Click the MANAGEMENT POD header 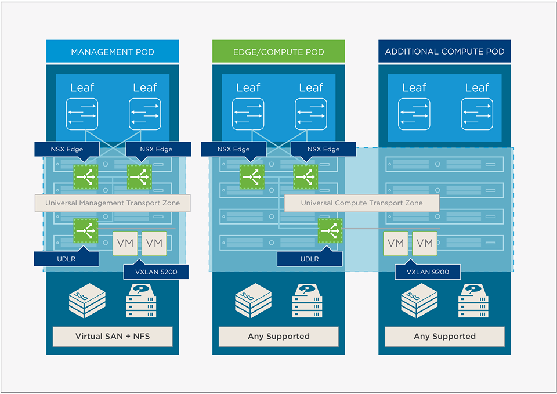pyautogui.click(x=113, y=52)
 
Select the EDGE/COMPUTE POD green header pyautogui.click(x=278, y=52)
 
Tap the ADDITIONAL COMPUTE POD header pyautogui.click(x=444, y=52)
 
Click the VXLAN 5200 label pyautogui.click(x=156, y=271)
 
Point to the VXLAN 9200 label pyautogui.click(x=428, y=271)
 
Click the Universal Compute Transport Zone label pyautogui.click(x=361, y=203)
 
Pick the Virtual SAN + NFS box pyautogui.click(x=113, y=337)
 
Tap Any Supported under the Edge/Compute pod pyautogui.click(x=278, y=337)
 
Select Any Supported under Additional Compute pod pyautogui.click(x=444, y=337)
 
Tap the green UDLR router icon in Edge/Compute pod pyautogui.click(x=330, y=230)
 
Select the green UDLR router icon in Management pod pyautogui.click(x=86, y=230)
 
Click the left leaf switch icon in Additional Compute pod pyautogui.click(x=414, y=114)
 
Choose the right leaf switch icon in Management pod pyautogui.click(x=144, y=114)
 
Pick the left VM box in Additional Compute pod pyautogui.click(x=395, y=243)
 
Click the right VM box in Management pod pyautogui.click(x=154, y=243)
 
